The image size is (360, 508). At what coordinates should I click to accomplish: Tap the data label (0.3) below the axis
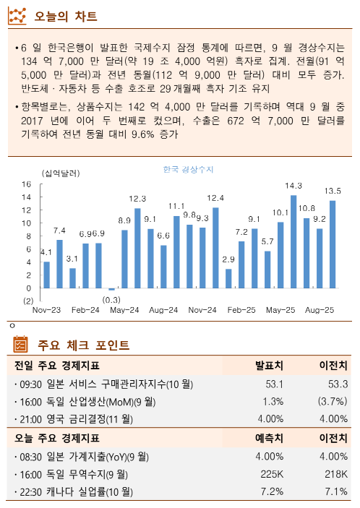[111, 299]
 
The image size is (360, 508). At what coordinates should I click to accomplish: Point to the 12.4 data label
[215, 197]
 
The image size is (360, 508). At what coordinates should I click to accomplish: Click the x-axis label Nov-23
[46, 310]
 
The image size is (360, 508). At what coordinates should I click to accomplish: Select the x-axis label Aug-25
[320, 310]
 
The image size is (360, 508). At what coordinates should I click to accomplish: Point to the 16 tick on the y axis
[26, 185]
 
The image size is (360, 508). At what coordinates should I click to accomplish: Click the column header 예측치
[269, 438]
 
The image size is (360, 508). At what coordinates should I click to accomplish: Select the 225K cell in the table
[271, 474]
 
